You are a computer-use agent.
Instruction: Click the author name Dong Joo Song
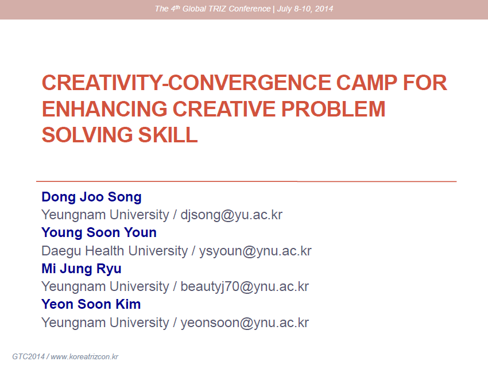tap(91, 197)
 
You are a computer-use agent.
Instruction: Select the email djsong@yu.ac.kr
tap(231, 215)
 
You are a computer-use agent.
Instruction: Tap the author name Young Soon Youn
tap(99, 233)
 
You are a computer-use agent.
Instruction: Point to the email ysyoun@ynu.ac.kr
tap(255, 251)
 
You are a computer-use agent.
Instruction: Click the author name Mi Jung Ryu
tap(82, 269)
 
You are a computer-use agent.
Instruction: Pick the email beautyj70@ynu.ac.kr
tap(245, 287)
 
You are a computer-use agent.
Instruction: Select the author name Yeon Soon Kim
tap(91, 304)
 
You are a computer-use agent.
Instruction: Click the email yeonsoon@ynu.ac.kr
tap(245, 323)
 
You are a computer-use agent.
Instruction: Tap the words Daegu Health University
tap(114, 251)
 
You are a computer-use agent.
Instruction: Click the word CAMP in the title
tap(367, 83)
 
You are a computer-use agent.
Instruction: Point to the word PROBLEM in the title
tap(334, 109)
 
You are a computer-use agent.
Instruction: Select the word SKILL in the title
tap(168, 135)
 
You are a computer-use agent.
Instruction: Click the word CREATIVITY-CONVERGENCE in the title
tap(187, 83)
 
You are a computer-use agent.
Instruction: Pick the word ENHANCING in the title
tap(104, 109)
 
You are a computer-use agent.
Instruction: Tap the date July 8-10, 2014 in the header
tap(305, 9)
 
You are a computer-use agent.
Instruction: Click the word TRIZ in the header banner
tap(217, 9)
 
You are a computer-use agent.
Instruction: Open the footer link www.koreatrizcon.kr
tap(84, 356)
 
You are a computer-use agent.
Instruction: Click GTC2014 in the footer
tap(28, 356)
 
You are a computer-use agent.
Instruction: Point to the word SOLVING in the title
tap(87, 135)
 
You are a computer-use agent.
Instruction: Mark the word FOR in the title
tap(425, 83)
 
